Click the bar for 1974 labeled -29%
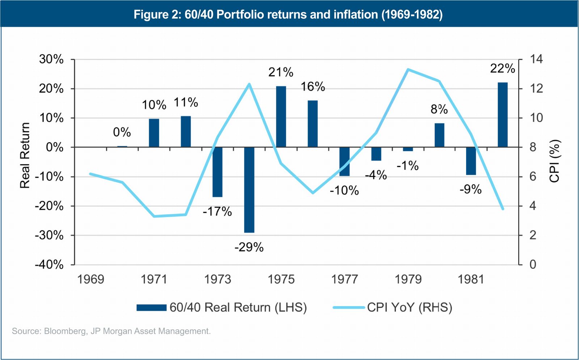pos(249,190)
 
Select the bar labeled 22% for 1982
pos(503,115)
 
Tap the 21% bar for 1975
pos(281,117)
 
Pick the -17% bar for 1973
pos(217,172)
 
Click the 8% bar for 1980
pos(439,135)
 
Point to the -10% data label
pos(344,191)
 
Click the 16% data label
pos(313,87)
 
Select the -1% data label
pos(407,166)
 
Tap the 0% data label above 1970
pos(122,132)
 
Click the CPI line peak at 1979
pos(408,69)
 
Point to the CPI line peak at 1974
pos(249,84)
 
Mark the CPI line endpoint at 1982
pos(503,209)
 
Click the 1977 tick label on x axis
pos(345,279)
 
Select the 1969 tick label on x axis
pos(90,279)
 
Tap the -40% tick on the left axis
pos(49,264)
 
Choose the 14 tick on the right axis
pos(536,59)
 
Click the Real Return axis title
pos(25,156)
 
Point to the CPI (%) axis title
pos(554,161)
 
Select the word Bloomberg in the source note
pos(65,331)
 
